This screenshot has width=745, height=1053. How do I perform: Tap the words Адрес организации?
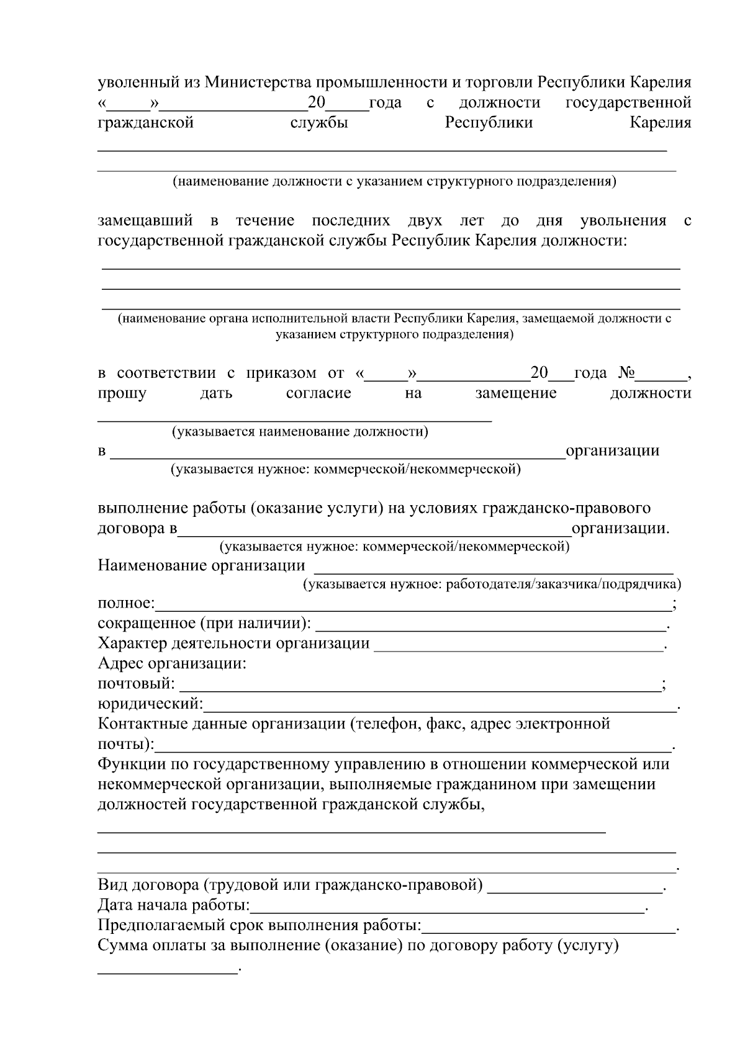(x=172, y=663)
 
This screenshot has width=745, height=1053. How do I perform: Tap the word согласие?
(x=318, y=393)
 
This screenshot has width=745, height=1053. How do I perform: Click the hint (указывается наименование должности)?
(x=300, y=431)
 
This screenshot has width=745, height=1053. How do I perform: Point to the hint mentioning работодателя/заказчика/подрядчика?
(x=492, y=584)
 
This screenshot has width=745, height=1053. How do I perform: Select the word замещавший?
(x=145, y=221)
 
